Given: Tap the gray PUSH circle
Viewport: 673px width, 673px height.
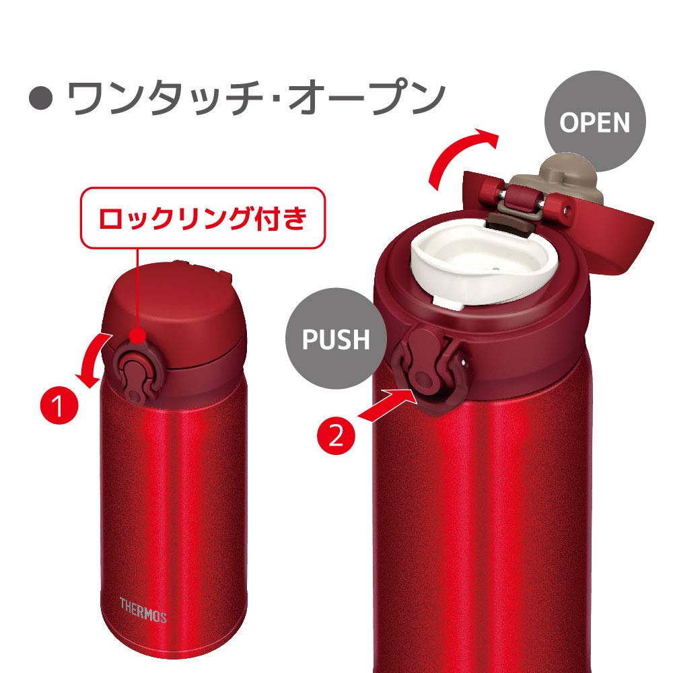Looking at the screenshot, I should [x=336, y=339].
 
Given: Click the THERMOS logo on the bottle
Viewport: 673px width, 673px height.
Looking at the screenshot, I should [x=143, y=602].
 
